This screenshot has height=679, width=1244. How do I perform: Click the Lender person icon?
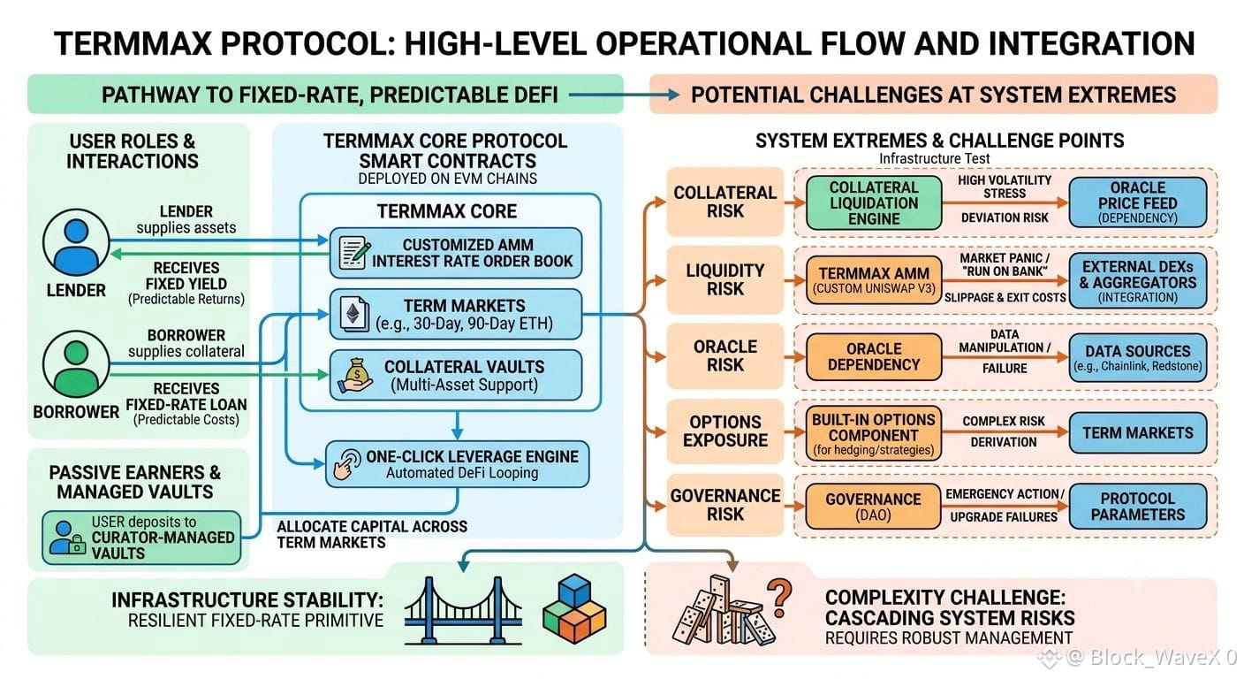pyautogui.click(x=76, y=242)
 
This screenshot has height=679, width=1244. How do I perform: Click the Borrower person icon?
pyautogui.click(x=76, y=364)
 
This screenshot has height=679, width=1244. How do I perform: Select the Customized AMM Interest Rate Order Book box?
pyautogui.click(x=455, y=253)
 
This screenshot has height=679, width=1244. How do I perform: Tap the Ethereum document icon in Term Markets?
pyautogui.click(x=353, y=315)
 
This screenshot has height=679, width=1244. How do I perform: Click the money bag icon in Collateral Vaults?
pyautogui.click(x=355, y=376)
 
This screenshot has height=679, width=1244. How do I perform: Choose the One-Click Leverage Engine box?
pyautogui.click(x=457, y=464)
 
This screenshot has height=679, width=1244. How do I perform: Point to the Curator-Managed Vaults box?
pyautogui.click(x=141, y=538)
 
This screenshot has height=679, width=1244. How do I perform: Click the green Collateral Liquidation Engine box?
pyautogui.click(x=874, y=202)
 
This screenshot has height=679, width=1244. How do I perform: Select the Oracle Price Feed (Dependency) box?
pyautogui.click(x=1137, y=202)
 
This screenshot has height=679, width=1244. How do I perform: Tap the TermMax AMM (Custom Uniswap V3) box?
pyautogui.click(x=874, y=280)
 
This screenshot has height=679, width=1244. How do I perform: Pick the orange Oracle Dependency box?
pyautogui.click(x=874, y=356)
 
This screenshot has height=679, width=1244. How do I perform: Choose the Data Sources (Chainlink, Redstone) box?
pyautogui.click(x=1137, y=357)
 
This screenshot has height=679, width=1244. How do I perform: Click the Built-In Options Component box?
pyautogui.click(x=874, y=434)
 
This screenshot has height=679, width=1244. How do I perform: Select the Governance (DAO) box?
pyautogui.click(x=874, y=506)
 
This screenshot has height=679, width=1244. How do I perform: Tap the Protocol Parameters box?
pyautogui.click(x=1137, y=506)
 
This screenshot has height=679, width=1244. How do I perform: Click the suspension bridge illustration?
pyautogui.click(x=463, y=610)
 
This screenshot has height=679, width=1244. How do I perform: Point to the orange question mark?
pyautogui.click(x=779, y=598)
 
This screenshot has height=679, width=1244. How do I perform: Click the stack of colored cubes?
pyautogui.click(x=574, y=608)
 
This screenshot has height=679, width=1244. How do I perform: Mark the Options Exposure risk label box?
pyautogui.click(x=725, y=431)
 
